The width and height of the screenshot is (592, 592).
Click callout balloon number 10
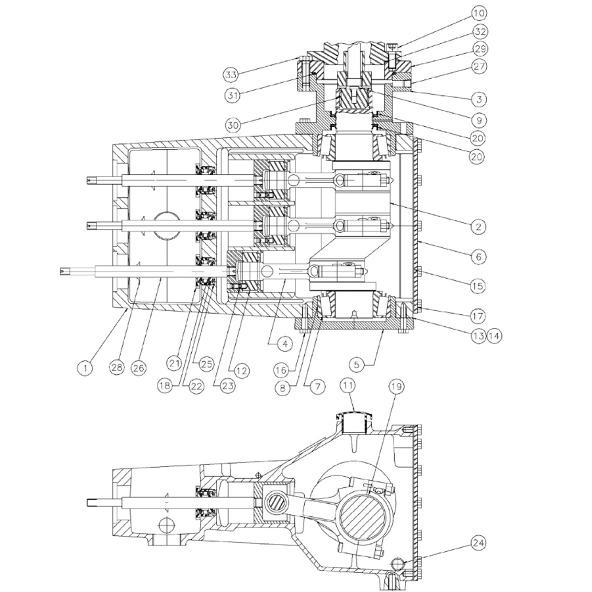click(x=480, y=13)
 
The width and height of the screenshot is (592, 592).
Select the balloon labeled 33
click(x=231, y=75)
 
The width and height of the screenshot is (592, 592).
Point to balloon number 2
click(x=478, y=227)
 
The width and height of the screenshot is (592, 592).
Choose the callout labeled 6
click(x=478, y=257)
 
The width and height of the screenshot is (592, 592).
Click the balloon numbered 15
click(x=478, y=286)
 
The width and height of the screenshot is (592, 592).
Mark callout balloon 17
click(x=478, y=316)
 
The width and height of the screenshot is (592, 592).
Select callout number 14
click(x=494, y=336)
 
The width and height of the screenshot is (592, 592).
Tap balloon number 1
click(x=85, y=368)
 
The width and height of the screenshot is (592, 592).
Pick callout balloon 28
click(x=117, y=368)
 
